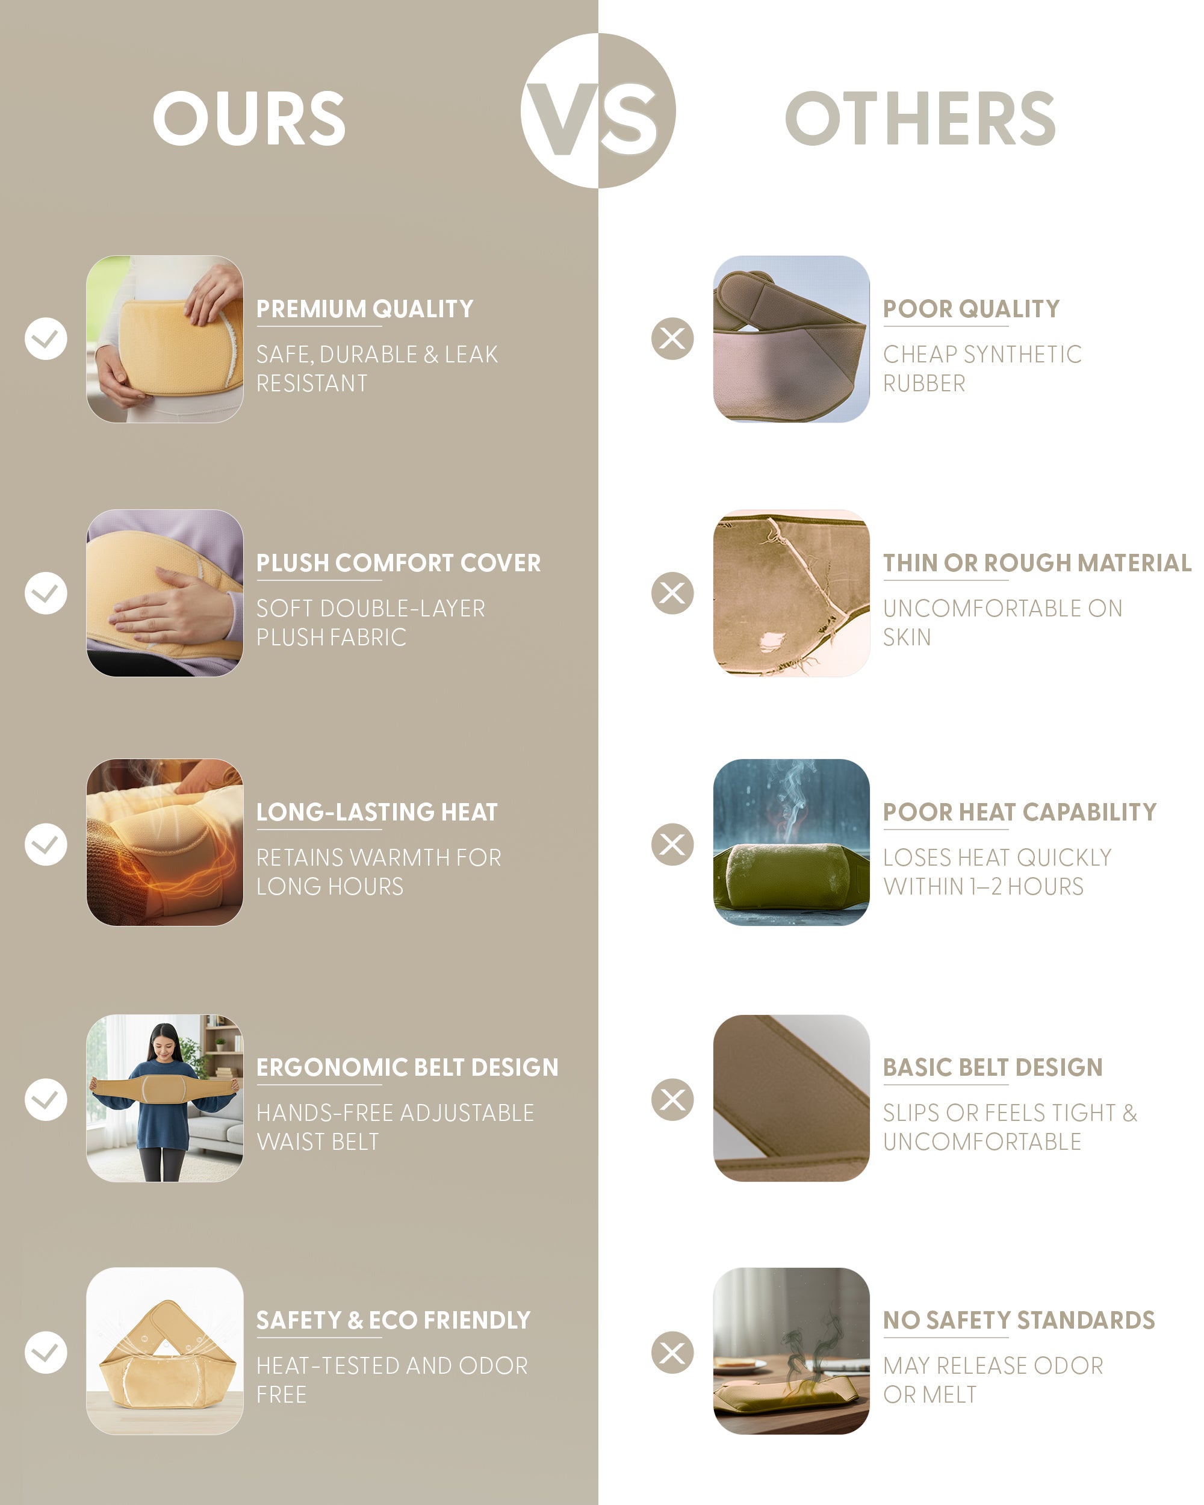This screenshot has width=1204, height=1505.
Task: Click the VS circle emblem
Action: [598, 110]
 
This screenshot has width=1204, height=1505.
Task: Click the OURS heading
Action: [249, 118]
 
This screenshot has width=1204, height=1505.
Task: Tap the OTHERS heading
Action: [920, 118]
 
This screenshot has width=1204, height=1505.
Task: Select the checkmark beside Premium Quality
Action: [46, 338]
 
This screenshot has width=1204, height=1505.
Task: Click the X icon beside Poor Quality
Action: [673, 338]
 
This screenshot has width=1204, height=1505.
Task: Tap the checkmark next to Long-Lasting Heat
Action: [46, 844]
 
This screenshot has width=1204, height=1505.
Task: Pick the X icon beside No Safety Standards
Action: [673, 1352]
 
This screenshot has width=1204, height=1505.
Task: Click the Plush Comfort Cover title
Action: [399, 563]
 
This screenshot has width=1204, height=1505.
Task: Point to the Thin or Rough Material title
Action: [1037, 563]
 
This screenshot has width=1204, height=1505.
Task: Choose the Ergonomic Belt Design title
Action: [408, 1067]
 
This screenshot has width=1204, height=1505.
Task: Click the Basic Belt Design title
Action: [993, 1067]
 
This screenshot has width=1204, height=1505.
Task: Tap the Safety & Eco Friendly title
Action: [394, 1320]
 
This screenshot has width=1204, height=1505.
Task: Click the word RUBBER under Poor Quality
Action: [925, 383]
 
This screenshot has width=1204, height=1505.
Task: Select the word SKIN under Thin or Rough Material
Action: [907, 638]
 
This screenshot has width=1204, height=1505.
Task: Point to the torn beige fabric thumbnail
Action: [792, 592]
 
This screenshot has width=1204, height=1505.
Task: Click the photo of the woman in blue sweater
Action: [165, 1098]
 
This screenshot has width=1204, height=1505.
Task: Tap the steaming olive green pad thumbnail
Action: [792, 843]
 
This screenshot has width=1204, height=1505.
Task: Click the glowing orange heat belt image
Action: [165, 843]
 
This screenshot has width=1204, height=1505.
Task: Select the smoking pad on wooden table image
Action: [792, 1351]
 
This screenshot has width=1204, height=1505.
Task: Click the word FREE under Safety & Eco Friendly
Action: [281, 1395]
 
